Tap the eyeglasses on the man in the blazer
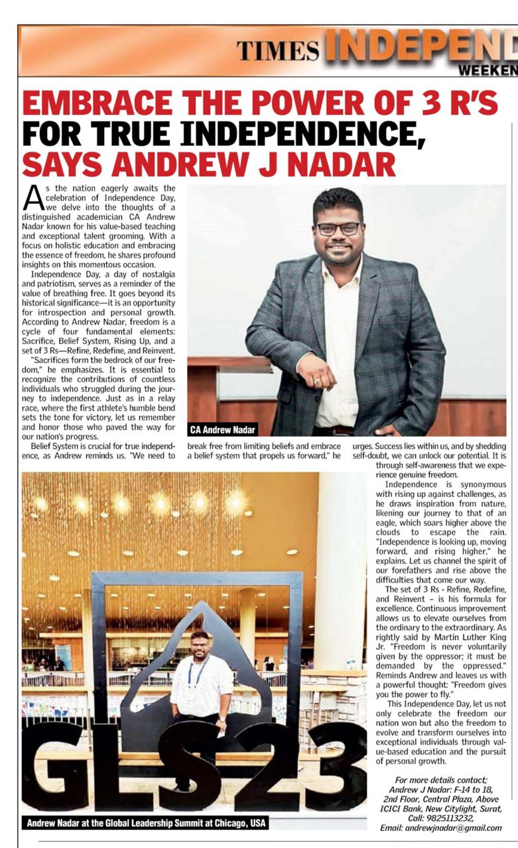point(338,228)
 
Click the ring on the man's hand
point(318,381)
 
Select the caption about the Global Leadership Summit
point(146,823)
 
